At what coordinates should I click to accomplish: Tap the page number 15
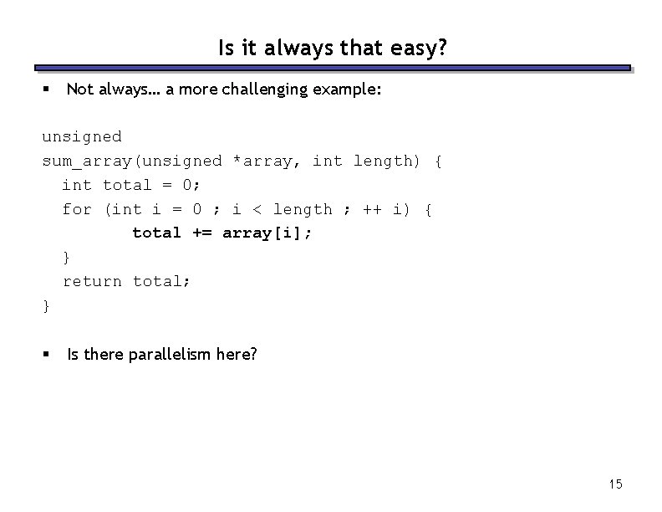click(x=616, y=484)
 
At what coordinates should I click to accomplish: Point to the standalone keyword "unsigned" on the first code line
click(x=82, y=136)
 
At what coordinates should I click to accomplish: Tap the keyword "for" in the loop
click(x=77, y=209)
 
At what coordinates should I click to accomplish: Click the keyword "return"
click(x=92, y=281)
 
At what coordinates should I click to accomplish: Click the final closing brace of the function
click(x=46, y=306)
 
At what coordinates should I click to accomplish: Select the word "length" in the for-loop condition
click(x=303, y=209)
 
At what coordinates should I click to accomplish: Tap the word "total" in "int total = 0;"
click(x=127, y=185)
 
